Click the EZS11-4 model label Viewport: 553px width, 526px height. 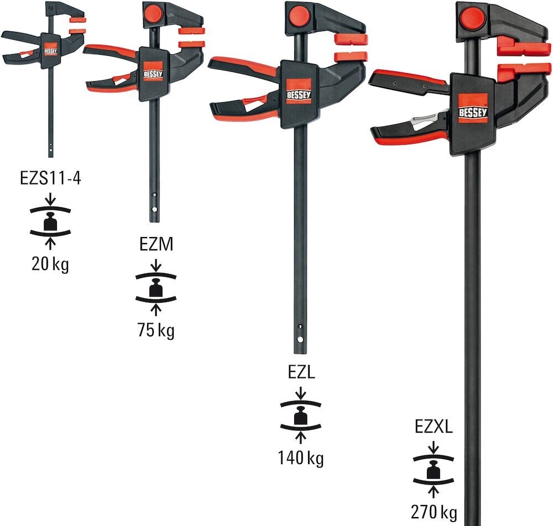[x=50, y=180]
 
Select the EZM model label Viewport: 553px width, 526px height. [x=156, y=244]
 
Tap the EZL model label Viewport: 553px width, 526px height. [x=301, y=372]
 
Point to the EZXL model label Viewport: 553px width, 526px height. [x=434, y=427]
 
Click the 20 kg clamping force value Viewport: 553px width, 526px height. [x=50, y=265]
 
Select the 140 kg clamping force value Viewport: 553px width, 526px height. [x=301, y=458]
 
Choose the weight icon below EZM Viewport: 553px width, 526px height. [x=156, y=287]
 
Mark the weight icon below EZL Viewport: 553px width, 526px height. [x=301, y=415]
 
